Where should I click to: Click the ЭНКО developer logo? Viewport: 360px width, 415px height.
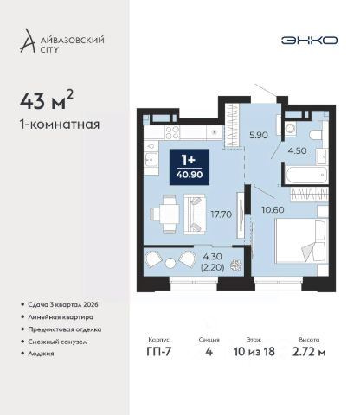tap(309, 41)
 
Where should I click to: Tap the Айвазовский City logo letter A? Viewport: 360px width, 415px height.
tap(28, 41)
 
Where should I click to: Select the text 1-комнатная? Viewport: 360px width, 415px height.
tap(60, 124)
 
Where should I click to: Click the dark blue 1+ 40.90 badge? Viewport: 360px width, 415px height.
tap(190, 167)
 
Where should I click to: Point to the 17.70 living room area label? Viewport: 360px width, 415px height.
tap(222, 214)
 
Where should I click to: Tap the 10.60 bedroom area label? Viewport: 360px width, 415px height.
tap(273, 209)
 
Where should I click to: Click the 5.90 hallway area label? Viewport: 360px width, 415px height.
tap(259, 135)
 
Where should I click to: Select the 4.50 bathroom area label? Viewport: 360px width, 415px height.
tap(297, 150)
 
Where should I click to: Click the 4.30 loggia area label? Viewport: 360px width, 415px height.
tap(212, 256)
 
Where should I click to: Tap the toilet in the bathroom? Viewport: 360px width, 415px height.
tap(315, 134)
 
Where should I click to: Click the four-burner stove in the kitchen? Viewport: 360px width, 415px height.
tap(172, 133)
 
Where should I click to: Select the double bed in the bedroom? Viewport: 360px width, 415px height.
tap(301, 240)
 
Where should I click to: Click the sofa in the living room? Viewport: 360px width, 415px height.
tap(195, 214)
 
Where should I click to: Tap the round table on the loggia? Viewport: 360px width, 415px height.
tap(170, 263)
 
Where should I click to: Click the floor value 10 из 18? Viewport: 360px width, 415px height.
tap(254, 352)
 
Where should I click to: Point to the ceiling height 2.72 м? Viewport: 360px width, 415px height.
tap(309, 352)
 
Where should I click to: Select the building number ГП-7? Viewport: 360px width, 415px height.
tap(159, 352)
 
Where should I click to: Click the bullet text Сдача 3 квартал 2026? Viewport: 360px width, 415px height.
tap(63, 304)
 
